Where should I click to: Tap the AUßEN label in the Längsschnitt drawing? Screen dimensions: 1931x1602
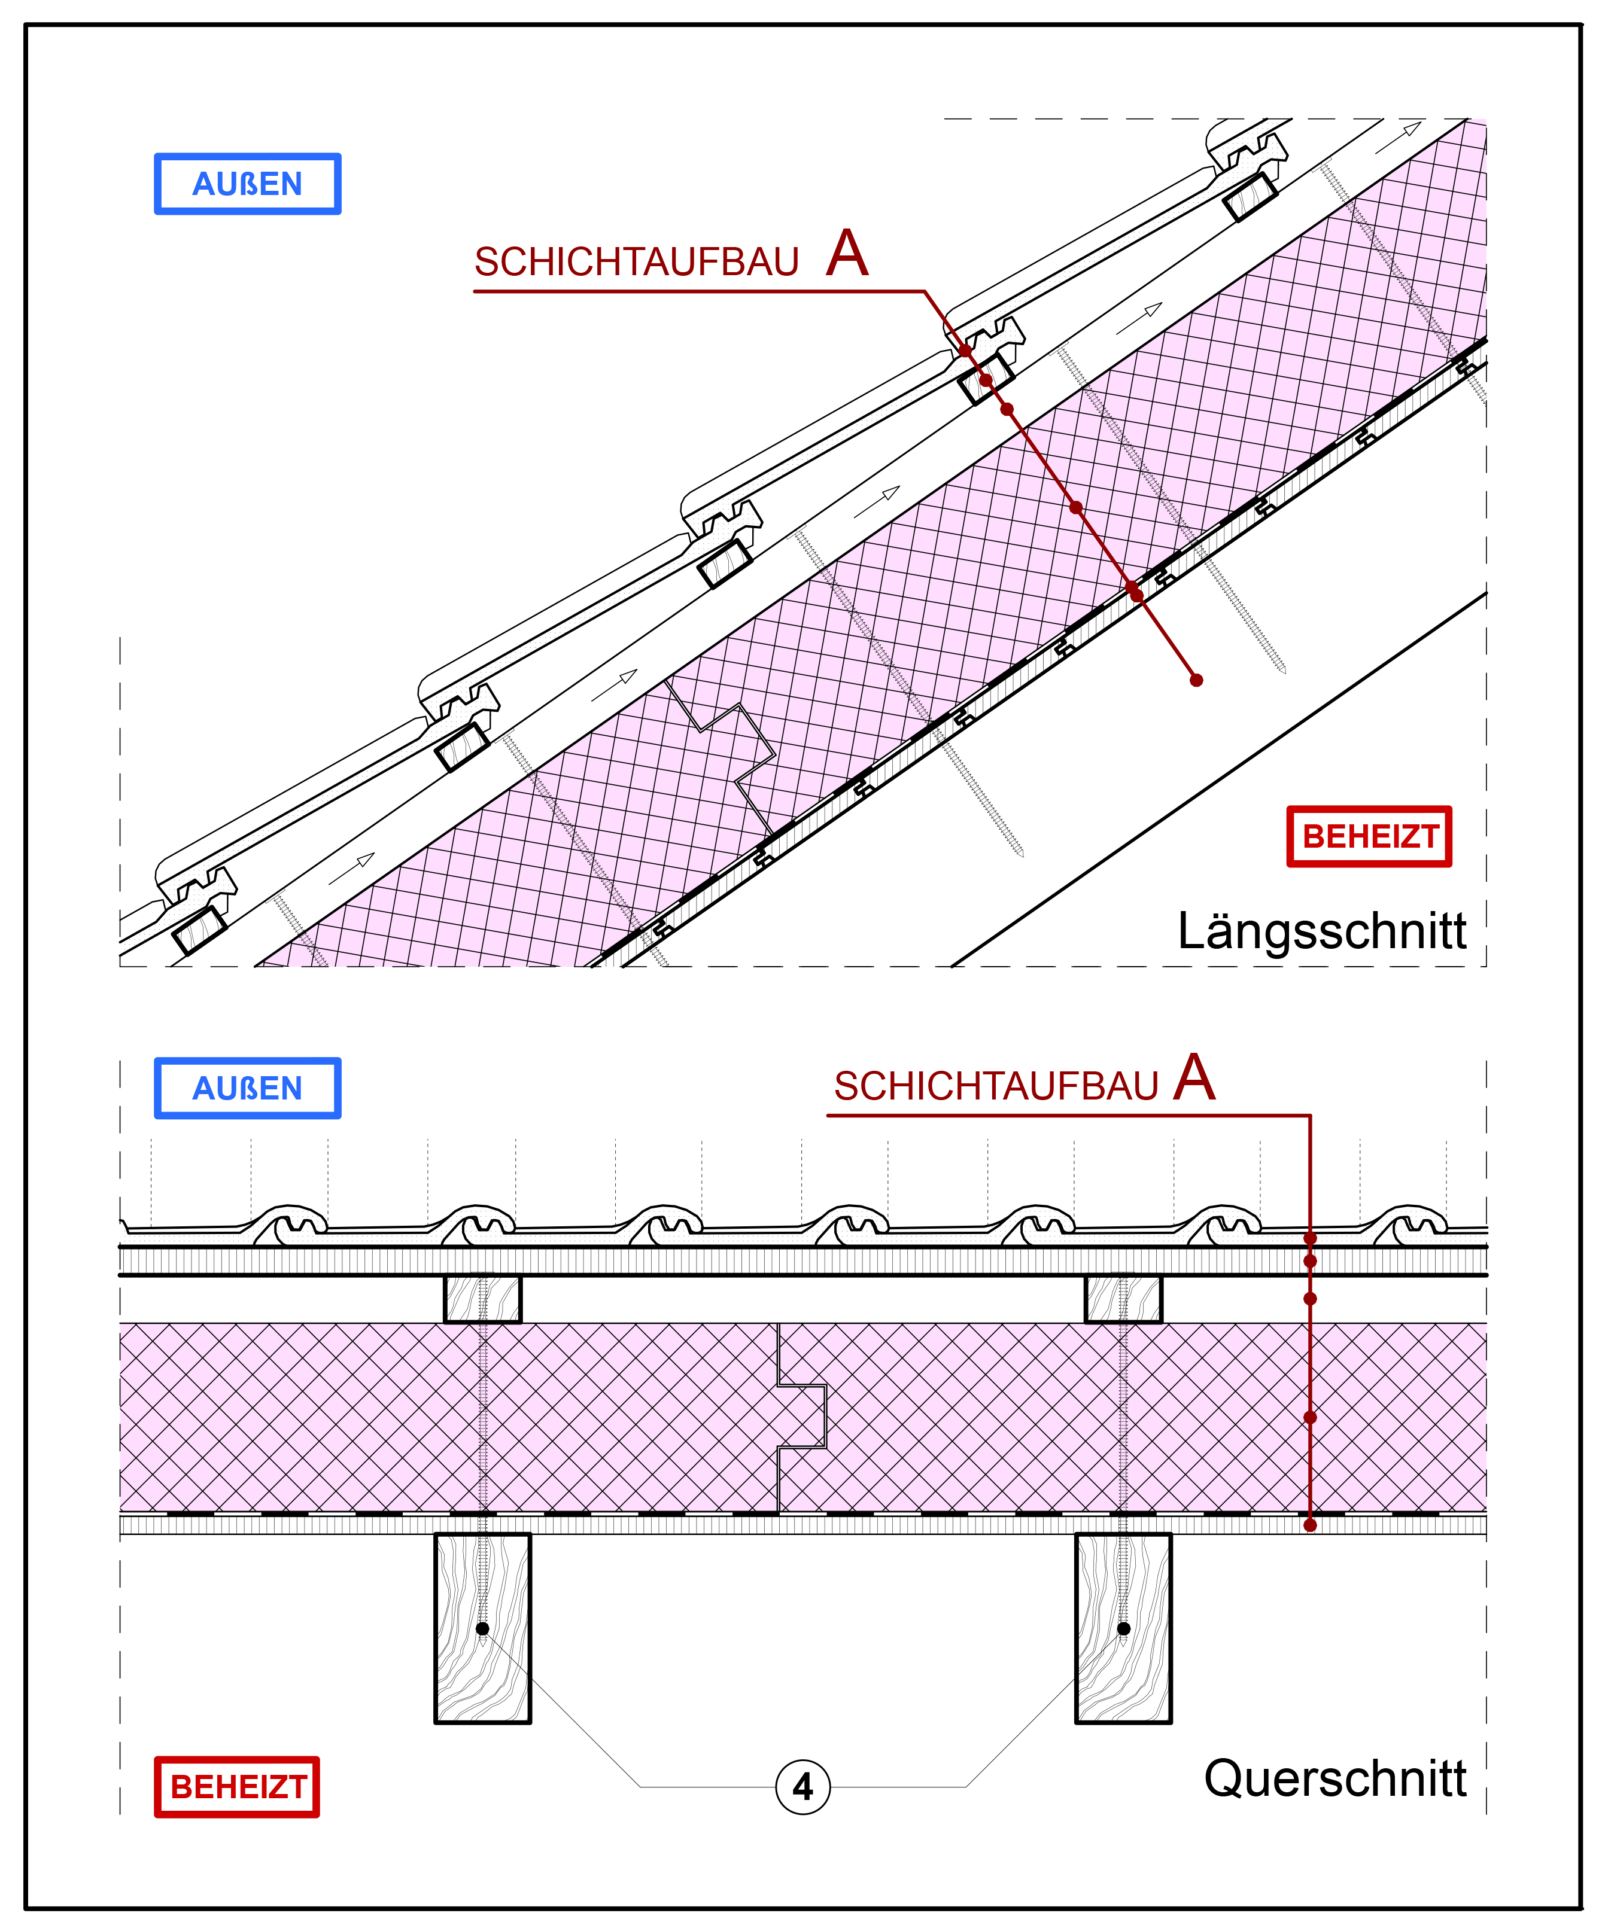247,184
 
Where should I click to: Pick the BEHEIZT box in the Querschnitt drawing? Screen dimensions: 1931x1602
236,1787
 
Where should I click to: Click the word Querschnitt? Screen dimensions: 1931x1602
1335,1778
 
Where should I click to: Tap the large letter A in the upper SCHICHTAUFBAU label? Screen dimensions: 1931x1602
847,253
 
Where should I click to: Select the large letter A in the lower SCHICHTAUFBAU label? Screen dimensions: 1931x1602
1194,1078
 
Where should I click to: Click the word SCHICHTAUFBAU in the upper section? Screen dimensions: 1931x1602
636,262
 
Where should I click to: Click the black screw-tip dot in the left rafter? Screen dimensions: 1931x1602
482,1628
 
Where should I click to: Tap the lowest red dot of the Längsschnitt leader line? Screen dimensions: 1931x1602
1196,680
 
